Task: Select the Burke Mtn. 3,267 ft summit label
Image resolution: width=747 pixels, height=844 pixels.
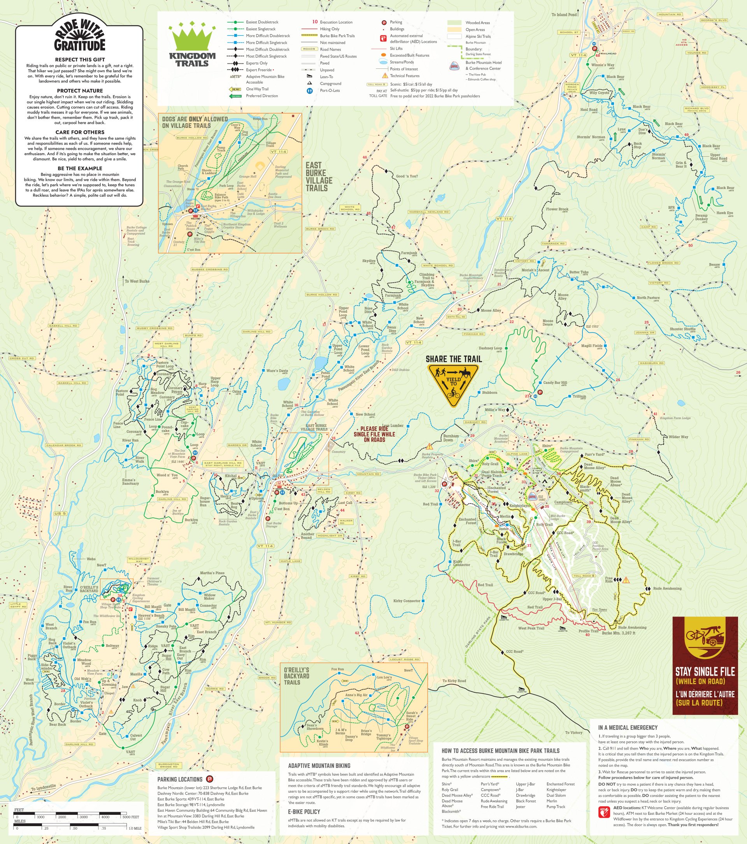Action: [619, 645]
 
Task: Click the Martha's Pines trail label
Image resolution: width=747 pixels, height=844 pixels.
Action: [212, 573]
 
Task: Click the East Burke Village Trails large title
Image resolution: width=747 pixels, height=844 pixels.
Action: [319, 177]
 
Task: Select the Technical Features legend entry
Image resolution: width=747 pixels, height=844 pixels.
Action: [405, 76]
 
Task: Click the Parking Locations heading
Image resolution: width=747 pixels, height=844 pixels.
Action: [180, 779]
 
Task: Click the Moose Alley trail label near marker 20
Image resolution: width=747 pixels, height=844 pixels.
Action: [491, 311]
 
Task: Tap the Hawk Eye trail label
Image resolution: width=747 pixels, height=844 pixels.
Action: [725, 213]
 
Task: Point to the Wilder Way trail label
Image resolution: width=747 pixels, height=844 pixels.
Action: [679, 437]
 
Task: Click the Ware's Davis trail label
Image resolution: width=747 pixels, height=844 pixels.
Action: [277, 371]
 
